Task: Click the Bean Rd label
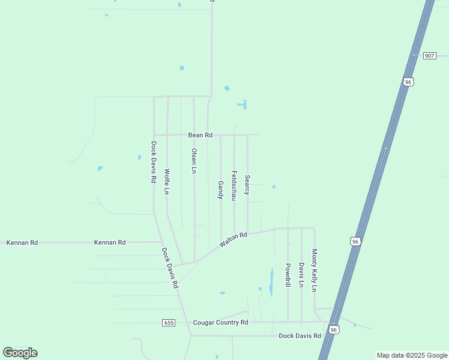200,136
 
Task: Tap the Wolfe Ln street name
167,181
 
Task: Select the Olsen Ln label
193,161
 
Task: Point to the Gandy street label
220,190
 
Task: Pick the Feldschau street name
234,185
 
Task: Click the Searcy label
247,185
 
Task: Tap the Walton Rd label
234,239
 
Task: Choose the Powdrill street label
288,275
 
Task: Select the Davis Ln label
301,275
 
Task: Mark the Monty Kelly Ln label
314,271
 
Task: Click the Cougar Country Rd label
220,323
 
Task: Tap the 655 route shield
169,323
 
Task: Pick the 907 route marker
429,56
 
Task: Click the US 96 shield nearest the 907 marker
408,82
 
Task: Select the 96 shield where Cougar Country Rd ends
334,329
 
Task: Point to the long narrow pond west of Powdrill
271,281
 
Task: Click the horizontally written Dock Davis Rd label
300,336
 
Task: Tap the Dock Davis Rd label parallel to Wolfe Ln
154,162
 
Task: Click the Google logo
20,353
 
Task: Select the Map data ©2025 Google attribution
412,355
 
